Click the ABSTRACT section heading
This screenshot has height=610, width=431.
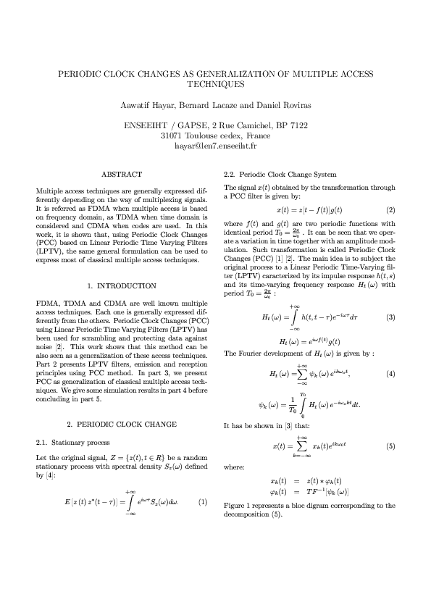pos(122,175)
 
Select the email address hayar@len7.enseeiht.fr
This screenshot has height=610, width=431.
pos(215,146)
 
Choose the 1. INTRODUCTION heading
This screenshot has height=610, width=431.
pos(122,287)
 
